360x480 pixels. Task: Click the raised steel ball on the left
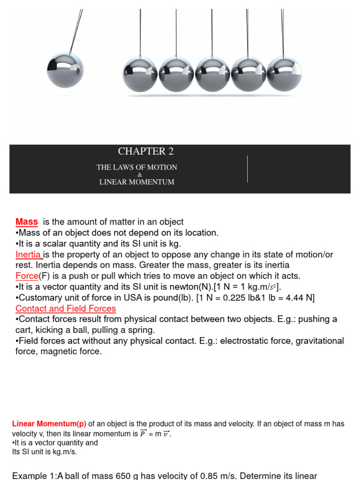[x=65, y=70]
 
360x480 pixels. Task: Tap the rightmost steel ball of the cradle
[x=284, y=74]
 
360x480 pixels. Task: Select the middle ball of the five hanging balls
[x=212, y=74]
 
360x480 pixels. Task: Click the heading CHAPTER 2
[x=142, y=151]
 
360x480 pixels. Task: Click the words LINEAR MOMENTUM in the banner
[x=137, y=182]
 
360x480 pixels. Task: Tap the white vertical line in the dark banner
[x=247, y=169]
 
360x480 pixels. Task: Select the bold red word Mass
[x=27, y=222]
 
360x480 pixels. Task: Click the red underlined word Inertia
[x=29, y=255]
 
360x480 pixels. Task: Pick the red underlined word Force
[x=27, y=276]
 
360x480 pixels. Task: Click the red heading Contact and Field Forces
[x=66, y=308]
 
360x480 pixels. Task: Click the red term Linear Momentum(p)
[x=49, y=424]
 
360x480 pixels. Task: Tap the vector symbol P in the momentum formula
[x=143, y=434]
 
